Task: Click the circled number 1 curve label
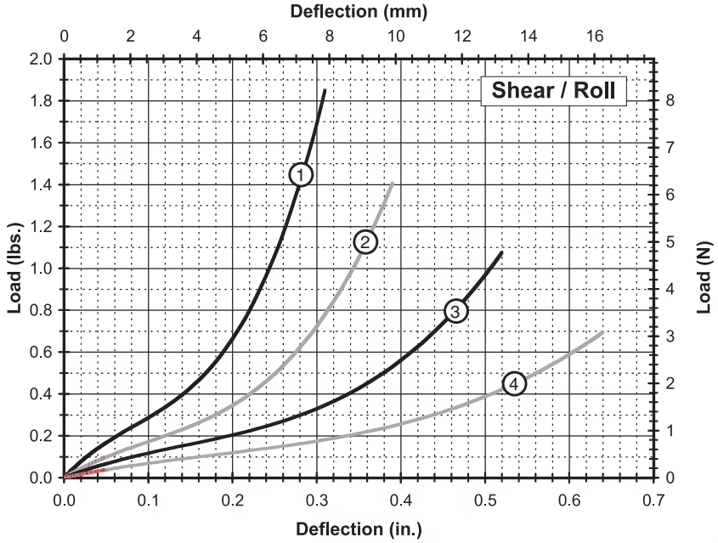coord(301,174)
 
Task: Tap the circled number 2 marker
coord(365,242)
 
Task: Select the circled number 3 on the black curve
coord(455,312)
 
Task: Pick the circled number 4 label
coord(514,384)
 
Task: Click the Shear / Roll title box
coord(554,90)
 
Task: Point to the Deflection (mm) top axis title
coord(359,12)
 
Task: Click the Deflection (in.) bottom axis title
coord(358,529)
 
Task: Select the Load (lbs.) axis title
coord(14,268)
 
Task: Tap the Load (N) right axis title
coord(704,268)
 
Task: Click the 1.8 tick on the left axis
coord(42,101)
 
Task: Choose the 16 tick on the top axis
coord(595,37)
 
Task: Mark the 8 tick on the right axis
coord(670,100)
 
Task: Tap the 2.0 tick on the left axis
coord(42,59)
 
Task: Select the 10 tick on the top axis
coord(395,37)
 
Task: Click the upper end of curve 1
coord(325,90)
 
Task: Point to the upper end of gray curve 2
coord(392,184)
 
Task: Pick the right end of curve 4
coord(602,332)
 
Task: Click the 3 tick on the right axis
coord(670,337)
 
